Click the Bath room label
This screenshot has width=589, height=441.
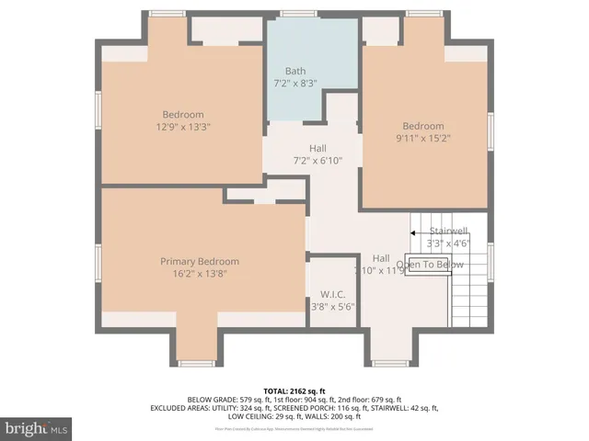pos(295,71)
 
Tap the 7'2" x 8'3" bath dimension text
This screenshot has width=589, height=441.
pos(295,83)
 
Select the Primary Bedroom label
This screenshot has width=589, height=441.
pos(200,261)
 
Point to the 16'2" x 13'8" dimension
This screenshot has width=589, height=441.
pos(200,273)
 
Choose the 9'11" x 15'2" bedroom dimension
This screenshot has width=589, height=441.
pos(422,139)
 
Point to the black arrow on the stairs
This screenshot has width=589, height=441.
pos(414,233)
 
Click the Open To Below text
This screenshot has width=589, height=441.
pos(430,266)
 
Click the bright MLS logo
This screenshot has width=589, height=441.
pos(37,428)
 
